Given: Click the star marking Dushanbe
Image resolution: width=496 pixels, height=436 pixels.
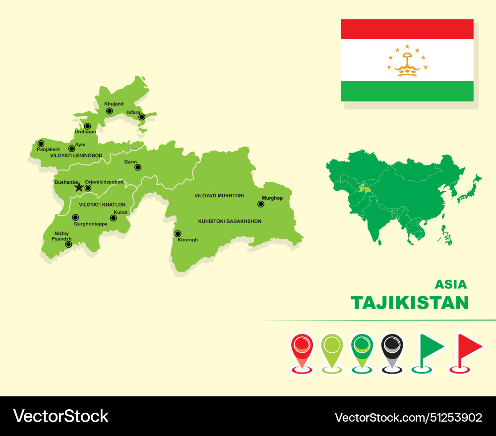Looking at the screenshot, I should [x=79, y=187].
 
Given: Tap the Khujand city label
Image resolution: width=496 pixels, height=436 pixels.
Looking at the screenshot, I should [x=114, y=104].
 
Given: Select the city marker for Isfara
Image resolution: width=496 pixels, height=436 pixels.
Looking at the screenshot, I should [x=142, y=117].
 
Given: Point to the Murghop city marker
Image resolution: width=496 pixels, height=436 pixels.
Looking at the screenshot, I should [x=260, y=204].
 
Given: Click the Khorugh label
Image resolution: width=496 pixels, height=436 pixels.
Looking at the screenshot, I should [x=187, y=240].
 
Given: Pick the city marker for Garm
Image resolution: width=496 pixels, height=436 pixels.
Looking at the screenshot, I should [x=138, y=167].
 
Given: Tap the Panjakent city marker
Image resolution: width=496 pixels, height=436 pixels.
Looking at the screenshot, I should [x=41, y=144].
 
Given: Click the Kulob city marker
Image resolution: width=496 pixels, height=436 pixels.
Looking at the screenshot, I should [x=113, y=218].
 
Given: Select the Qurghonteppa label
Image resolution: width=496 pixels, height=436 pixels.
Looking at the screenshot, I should [x=90, y=223].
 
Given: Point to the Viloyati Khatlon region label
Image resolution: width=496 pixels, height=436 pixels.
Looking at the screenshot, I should [x=102, y=205].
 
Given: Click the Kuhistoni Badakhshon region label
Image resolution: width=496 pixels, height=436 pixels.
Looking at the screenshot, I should [x=230, y=221].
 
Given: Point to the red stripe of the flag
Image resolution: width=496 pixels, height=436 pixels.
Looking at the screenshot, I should [x=407, y=29].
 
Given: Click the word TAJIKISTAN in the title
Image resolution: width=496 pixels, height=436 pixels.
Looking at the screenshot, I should [x=409, y=303].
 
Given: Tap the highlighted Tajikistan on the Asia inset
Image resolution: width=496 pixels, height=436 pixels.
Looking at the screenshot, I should [x=365, y=188].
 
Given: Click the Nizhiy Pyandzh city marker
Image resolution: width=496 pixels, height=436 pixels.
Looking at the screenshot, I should [x=68, y=244].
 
